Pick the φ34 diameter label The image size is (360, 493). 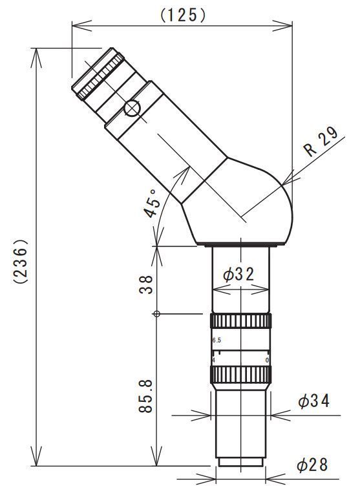coord(314,401)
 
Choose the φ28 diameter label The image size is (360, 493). coord(313,464)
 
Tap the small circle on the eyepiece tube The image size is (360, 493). coord(132,108)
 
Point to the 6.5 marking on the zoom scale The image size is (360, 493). coord(217,341)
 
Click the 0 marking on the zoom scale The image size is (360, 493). coord(267,360)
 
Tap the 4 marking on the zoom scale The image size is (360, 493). coord(213,360)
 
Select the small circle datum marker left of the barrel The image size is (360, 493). coord(156,315)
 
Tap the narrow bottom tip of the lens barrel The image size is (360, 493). coord(240,461)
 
